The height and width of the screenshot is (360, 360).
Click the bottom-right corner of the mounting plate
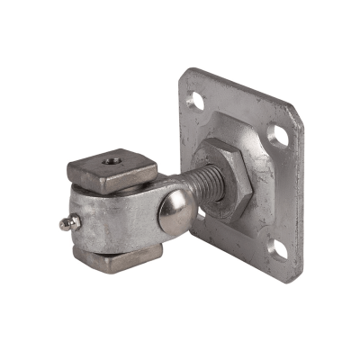point(286,270)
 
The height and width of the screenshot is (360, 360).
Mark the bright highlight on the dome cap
point(167,208)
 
